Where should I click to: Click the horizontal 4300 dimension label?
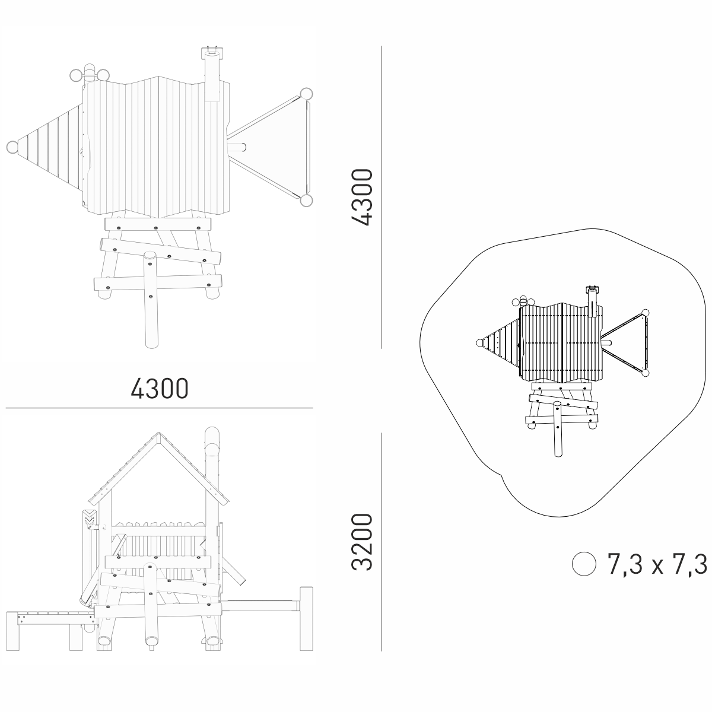point(160,388)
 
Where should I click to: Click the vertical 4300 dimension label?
point(361,197)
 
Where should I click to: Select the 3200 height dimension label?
point(361,542)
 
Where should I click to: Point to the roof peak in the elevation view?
point(158,433)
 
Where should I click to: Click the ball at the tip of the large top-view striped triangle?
point(12,147)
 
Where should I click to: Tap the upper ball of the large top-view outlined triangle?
point(306,94)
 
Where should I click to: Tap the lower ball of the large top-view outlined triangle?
point(306,201)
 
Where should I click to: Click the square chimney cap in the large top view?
point(212,53)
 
